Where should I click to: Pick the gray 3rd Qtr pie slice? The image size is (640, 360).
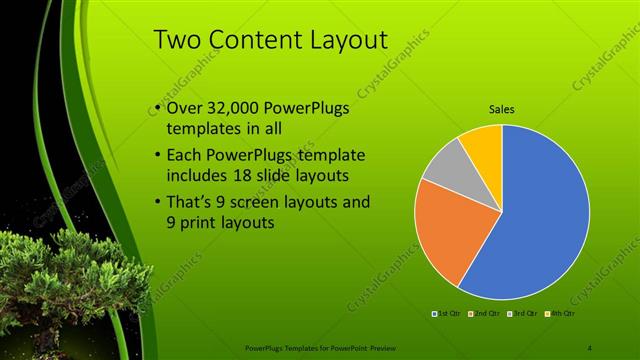(x=443, y=164)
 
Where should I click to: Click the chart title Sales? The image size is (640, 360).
(x=502, y=109)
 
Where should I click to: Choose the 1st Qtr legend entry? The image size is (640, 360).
(x=445, y=314)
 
